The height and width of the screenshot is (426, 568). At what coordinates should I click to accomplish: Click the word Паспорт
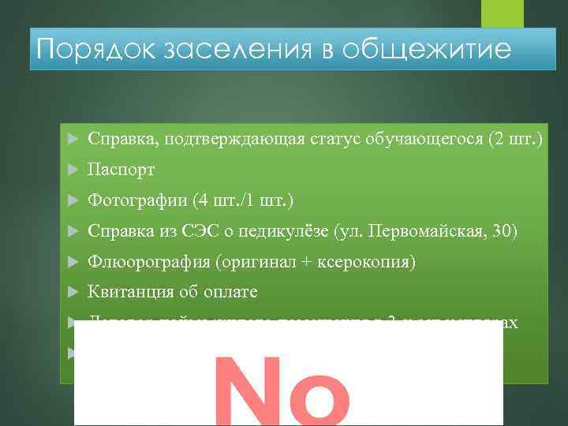(x=121, y=170)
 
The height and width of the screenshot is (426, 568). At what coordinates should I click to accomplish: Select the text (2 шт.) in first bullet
(x=516, y=140)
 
